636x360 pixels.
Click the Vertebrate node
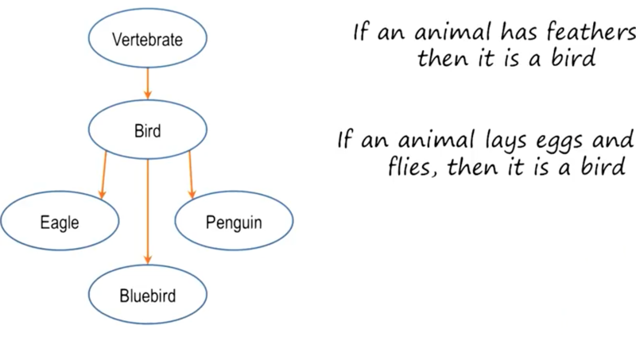click(x=148, y=38)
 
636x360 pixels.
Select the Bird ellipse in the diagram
click(x=148, y=130)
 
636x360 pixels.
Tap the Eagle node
click(x=60, y=221)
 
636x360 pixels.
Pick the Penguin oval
click(x=234, y=221)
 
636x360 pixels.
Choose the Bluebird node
click(x=148, y=294)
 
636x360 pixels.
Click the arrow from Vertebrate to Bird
click(x=148, y=83)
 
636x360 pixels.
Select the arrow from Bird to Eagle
click(x=104, y=175)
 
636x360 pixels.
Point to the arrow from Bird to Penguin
click(x=191, y=175)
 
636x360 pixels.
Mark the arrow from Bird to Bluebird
click(x=148, y=211)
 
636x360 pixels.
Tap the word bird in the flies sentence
click(x=603, y=165)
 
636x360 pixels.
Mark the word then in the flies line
click(x=472, y=165)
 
